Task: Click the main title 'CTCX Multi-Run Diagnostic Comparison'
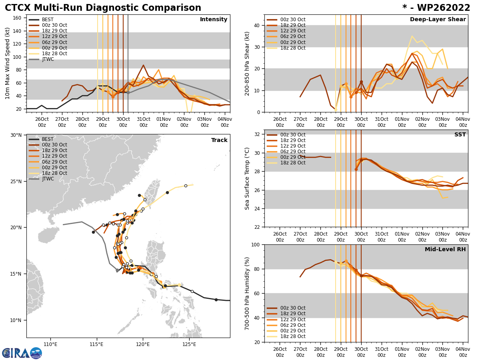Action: [103, 8]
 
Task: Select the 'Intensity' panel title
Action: [214, 20]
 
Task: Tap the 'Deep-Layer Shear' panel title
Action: [438, 20]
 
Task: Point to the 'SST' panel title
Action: [460, 135]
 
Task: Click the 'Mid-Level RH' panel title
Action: [445, 250]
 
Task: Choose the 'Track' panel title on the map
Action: [219, 140]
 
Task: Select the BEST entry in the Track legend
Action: [48, 139]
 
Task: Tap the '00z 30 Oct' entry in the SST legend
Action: [292, 135]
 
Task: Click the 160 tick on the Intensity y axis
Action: [17, 18]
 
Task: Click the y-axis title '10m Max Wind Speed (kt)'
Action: [7, 63]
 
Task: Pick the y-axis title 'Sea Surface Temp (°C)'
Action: [248, 178]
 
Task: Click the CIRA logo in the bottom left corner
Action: [22, 353]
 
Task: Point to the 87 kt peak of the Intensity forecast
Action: [143, 65]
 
